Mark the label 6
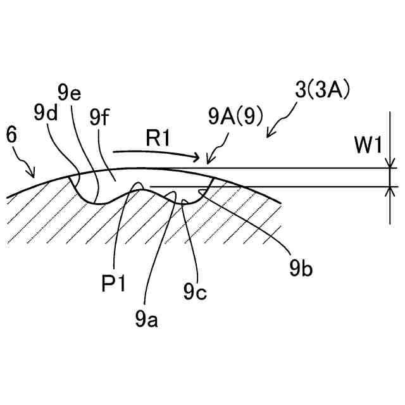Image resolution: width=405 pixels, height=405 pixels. (x=10, y=134)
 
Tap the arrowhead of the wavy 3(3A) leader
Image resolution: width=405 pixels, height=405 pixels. (x=270, y=135)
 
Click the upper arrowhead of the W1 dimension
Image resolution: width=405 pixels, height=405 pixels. (x=387, y=165)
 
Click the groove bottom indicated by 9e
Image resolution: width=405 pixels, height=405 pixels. (x=94, y=202)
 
